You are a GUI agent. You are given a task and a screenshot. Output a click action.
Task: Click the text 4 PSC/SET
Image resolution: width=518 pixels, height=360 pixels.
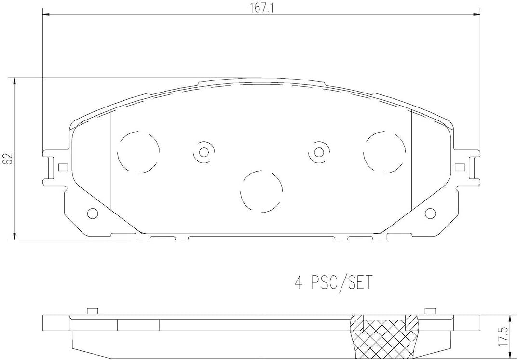click(x=333, y=283)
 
